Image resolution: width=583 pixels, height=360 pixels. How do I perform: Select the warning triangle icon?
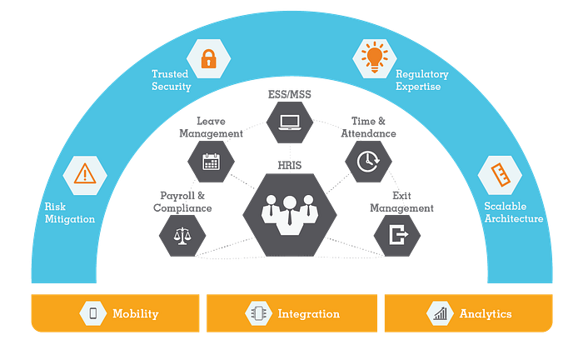tap(84, 174)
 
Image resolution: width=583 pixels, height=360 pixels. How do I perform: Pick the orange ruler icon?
tap(500, 174)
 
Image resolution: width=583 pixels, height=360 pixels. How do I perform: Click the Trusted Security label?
tap(171, 80)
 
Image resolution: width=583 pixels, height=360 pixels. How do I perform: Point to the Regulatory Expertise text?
tap(421, 80)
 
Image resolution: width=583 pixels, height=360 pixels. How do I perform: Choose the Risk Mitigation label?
tap(70, 212)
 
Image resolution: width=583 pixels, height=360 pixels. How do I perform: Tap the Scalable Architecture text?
tap(513, 212)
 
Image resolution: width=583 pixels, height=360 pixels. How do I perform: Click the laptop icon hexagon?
tap(290, 122)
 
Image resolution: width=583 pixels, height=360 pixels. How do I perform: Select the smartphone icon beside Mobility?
tap(93, 313)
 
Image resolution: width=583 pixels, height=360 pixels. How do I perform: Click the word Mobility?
tap(135, 314)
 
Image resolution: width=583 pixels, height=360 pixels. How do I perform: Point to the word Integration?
tap(308, 314)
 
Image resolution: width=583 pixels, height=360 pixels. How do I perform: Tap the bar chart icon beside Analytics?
tap(438, 313)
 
